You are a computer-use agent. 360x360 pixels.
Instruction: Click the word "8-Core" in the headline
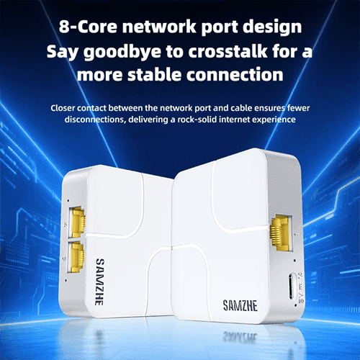[88, 27]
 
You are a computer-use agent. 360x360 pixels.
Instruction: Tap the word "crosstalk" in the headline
[228, 51]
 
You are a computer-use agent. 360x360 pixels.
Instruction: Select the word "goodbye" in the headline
[122, 53]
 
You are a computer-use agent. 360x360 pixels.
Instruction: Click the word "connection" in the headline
[235, 74]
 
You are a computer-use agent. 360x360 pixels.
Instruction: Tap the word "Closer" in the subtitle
[63, 108]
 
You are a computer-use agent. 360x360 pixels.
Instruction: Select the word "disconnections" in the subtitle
[95, 120]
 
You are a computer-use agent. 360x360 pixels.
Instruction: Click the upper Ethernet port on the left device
[77, 222]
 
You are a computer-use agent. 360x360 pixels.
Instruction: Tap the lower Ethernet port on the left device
[76, 257]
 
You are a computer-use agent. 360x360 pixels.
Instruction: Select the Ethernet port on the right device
[282, 233]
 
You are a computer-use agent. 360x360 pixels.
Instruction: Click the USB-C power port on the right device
[292, 286]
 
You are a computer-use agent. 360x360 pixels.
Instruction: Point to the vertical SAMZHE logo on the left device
[100, 282]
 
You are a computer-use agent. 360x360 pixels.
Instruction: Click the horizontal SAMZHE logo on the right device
[240, 305]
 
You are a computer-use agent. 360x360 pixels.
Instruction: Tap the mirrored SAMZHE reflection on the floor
[240, 337]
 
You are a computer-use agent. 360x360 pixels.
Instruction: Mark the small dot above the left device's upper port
[68, 200]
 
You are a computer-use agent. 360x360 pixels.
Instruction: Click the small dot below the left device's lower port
[66, 280]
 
